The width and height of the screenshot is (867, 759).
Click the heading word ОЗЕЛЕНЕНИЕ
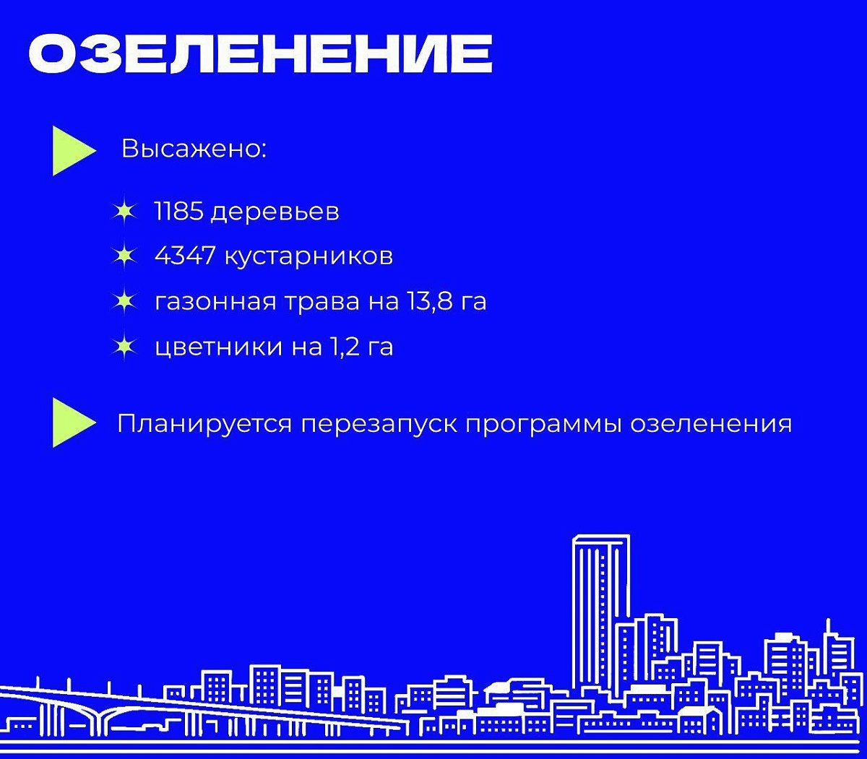tap(260, 53)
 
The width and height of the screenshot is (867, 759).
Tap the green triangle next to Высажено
tap(74, 151)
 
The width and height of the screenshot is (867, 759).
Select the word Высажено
tap(194, 149)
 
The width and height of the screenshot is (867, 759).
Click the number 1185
tap(179, 211)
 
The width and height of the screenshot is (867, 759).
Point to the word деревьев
tap(275, 212)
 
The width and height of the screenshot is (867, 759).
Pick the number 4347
tap(185, 256)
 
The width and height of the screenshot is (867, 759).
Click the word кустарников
tap(309, 258)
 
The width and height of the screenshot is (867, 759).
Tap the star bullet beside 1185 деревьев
tap(124, 212)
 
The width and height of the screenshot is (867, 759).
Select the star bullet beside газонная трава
tap(124, 302)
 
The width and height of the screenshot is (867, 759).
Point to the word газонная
tap(215, 303)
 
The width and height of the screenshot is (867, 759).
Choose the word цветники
tap(219, 347)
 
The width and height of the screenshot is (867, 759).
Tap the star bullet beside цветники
tap(124, 347)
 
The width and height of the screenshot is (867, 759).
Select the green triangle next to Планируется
tap(74, 422)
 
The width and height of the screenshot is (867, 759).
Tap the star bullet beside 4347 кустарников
tap(124, 256)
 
